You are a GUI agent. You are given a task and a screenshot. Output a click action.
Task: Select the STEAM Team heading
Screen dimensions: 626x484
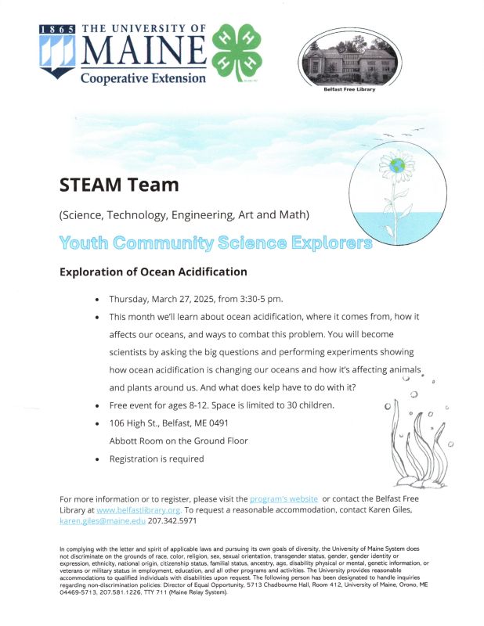coord(119,185)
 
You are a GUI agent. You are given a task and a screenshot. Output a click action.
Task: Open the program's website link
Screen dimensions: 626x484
coord(283,498)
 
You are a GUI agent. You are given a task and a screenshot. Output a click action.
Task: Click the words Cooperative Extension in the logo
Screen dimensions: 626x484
coord(143,78)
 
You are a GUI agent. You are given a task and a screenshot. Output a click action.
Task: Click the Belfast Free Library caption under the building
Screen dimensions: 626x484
coord(349,89)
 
